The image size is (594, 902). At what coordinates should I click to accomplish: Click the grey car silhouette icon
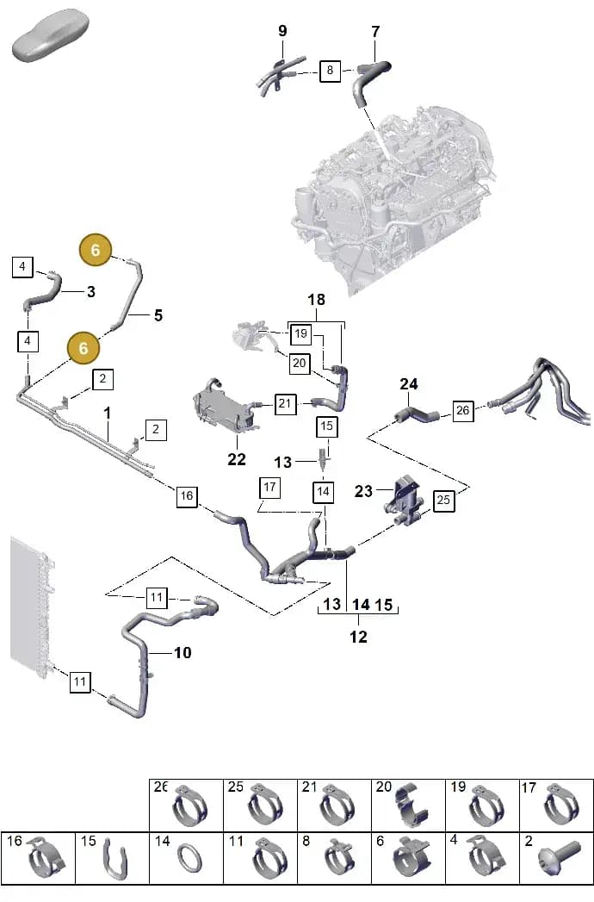51,34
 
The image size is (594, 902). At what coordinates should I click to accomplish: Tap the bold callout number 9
282,31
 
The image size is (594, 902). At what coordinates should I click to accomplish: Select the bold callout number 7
375,32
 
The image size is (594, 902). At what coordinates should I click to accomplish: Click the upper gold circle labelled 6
96,250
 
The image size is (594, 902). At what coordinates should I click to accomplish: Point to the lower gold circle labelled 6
84,348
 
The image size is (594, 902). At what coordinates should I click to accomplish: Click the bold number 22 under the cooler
237,459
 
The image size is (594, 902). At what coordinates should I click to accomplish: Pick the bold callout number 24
408,383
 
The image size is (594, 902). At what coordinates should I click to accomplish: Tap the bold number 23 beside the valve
363,491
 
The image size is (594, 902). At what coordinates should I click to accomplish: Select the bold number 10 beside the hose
183,652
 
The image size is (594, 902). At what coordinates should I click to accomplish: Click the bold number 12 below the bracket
358,637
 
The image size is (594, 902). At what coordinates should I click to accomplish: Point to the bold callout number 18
316,300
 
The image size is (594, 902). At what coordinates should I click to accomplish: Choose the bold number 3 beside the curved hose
91,292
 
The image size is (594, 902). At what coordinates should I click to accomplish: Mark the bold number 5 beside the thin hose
158,315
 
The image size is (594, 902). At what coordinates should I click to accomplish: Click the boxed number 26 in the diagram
463,411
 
